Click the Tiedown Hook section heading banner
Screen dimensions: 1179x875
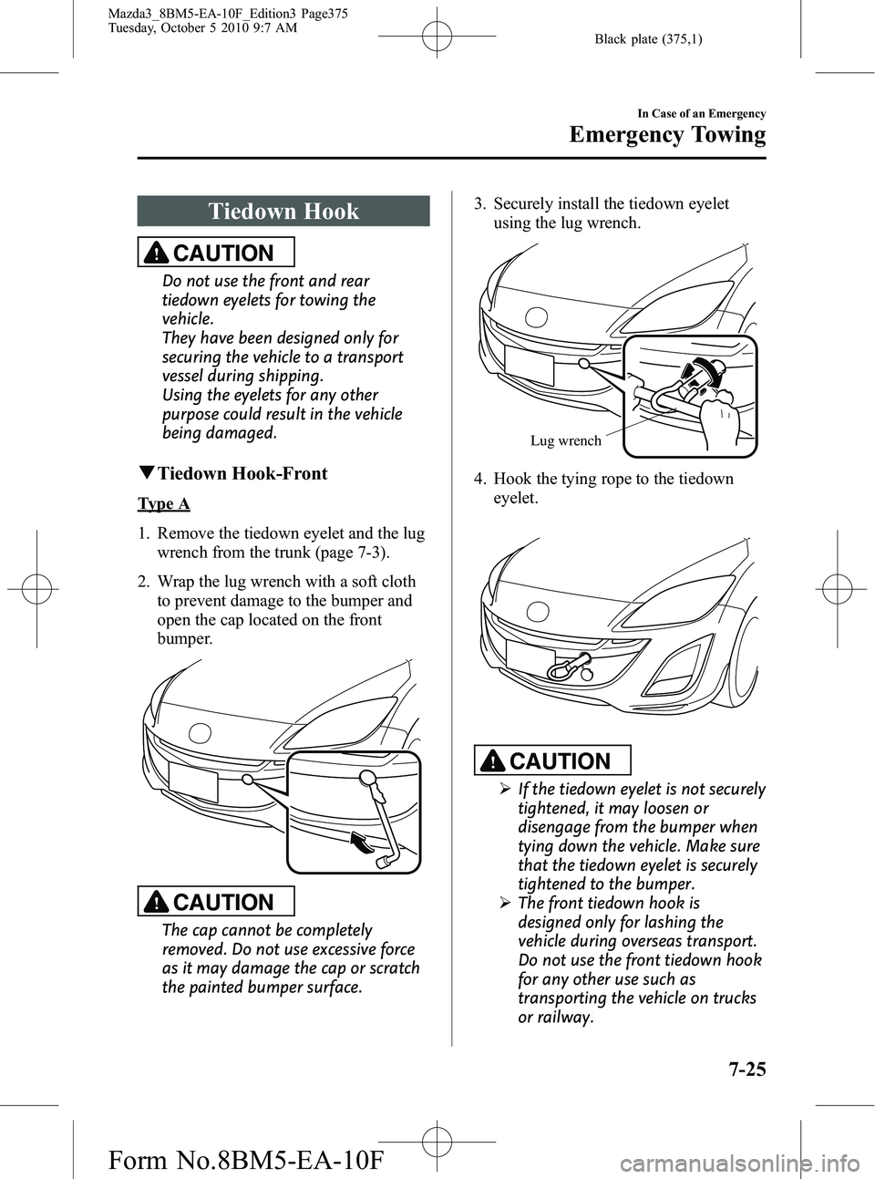point(283,212)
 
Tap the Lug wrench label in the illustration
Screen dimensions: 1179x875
point(565,441)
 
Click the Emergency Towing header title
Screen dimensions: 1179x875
point(667,136)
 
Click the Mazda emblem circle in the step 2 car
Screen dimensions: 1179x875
point(200,730)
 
